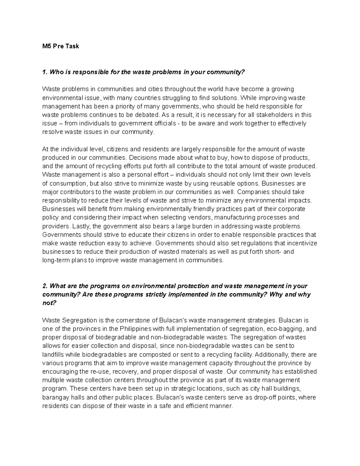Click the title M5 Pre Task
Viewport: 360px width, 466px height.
[x=61, y=46]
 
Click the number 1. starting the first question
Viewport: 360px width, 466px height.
[x=45, y=72]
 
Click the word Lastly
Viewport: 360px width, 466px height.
[x=79, y=226]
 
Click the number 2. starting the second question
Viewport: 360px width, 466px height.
[x=45, y=286]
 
